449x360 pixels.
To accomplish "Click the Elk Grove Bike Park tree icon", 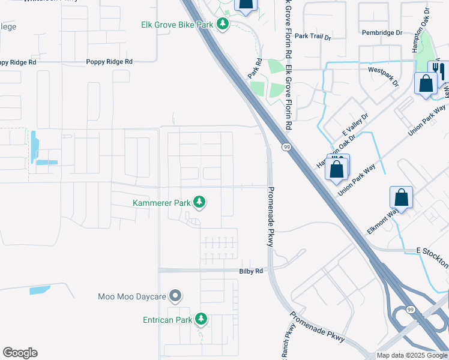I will [223, 25].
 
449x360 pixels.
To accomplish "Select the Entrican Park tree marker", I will [202, 320].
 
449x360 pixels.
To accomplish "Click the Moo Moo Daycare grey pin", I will [175, 296].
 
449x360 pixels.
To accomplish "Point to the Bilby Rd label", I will [251, 271].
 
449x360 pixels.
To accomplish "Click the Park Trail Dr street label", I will [313, 37].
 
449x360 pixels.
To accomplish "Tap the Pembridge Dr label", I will [381, 32].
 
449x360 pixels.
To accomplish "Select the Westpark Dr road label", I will [384, 77].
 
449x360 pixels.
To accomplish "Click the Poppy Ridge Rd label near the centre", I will [109, 62].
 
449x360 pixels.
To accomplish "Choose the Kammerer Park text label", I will [161, 203].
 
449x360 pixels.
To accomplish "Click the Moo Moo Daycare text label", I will [132, 296].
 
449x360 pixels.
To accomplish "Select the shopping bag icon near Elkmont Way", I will [401, 197].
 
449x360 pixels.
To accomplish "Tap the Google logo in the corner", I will [20, 353].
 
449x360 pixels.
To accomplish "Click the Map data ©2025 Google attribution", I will [412, 356].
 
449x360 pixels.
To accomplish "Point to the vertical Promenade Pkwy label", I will [270, 215].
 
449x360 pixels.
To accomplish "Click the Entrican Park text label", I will [167, 320].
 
